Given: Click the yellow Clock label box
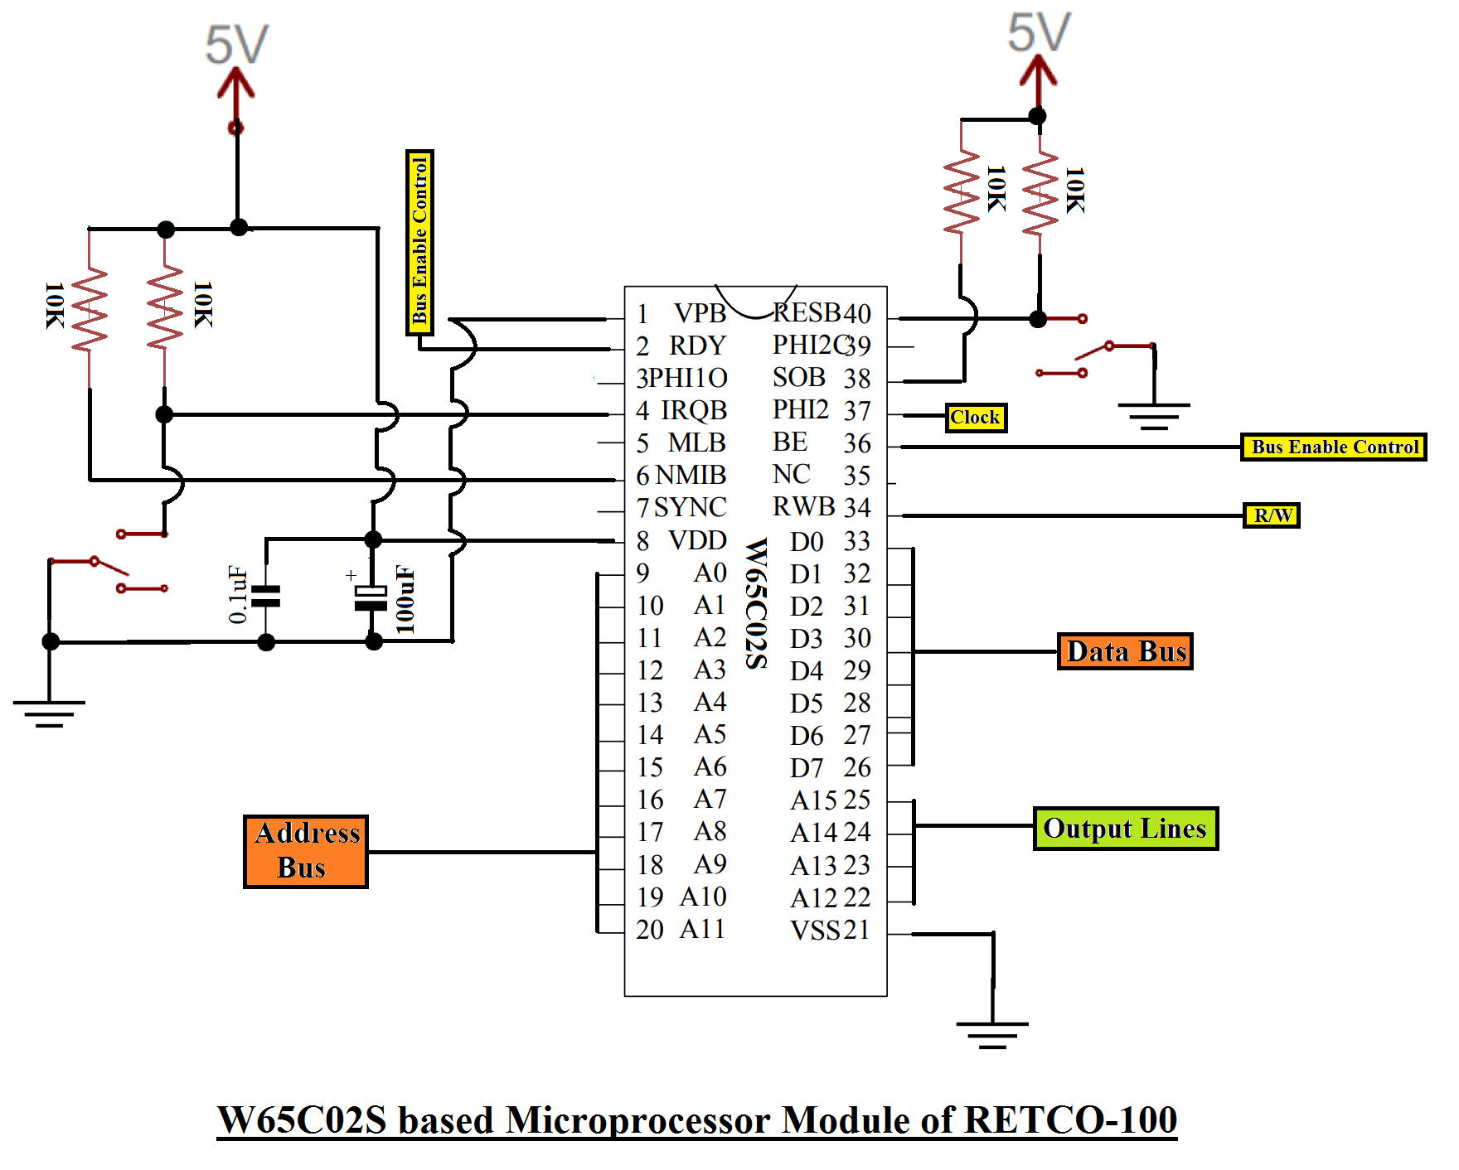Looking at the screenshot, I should [976, 418].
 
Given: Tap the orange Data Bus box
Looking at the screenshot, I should [1125, 651].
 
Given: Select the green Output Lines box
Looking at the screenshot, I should [1125, 829].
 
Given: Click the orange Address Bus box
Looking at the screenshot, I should [306, 851].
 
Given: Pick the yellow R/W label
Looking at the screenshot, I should [1272, 515].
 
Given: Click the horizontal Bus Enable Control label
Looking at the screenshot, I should [1333, 447].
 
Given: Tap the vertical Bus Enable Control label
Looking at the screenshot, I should [419, 242].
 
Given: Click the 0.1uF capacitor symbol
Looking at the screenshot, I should [266, 596].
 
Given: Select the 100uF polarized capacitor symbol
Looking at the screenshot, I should [371, 597].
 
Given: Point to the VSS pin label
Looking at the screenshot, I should [815, 931].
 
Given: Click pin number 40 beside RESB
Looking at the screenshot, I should [857, 314].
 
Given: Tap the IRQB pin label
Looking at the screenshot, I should [694, 410].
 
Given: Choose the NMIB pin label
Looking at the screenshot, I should [691, 475].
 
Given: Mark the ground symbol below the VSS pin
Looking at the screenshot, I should [992, 1034].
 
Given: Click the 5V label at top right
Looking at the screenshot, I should [1039, 33].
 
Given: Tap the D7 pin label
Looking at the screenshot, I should [806, 768].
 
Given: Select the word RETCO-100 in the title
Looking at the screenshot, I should [1071, 1120].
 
